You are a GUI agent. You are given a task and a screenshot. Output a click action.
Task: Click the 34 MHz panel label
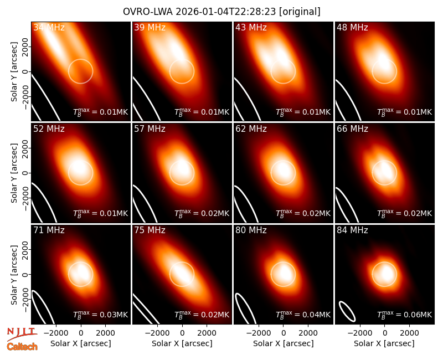tap(49, 27)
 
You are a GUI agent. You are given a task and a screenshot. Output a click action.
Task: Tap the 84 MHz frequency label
tap(352, 230)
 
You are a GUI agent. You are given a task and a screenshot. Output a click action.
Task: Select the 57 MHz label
tap(150, 129)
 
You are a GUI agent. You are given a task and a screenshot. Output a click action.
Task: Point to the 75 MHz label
tap(150, 230)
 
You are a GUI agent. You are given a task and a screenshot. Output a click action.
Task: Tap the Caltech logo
tap(22, 347)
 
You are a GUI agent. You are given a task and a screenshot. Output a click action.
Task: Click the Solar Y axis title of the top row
tap(14, 72)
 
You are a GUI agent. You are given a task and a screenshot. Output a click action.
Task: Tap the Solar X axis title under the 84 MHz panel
tap(384, 343)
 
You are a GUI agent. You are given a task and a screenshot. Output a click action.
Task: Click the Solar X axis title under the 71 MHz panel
tap(81, 343)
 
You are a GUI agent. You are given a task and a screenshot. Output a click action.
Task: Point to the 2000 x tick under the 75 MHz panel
tap(207, 333)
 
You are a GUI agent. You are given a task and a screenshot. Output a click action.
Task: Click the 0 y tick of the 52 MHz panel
tap(25, 173)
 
